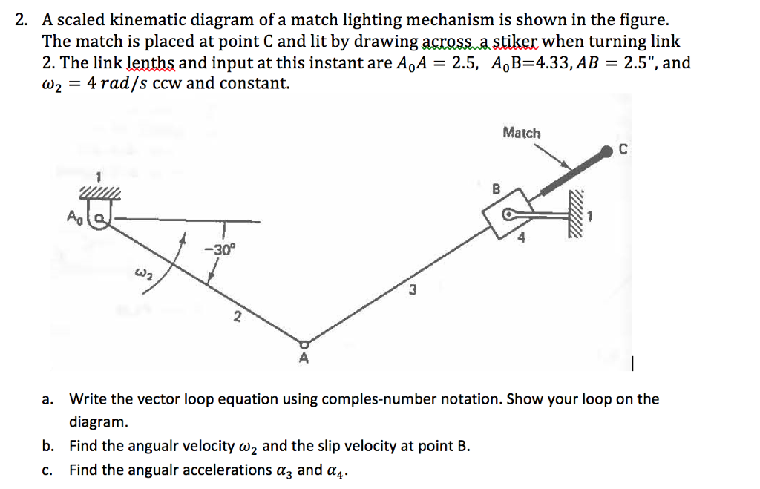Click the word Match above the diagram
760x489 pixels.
click(x=522, y=133)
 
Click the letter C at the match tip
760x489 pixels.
click(x=623, y=150)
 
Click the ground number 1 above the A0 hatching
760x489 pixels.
click(x=96, y=178)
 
